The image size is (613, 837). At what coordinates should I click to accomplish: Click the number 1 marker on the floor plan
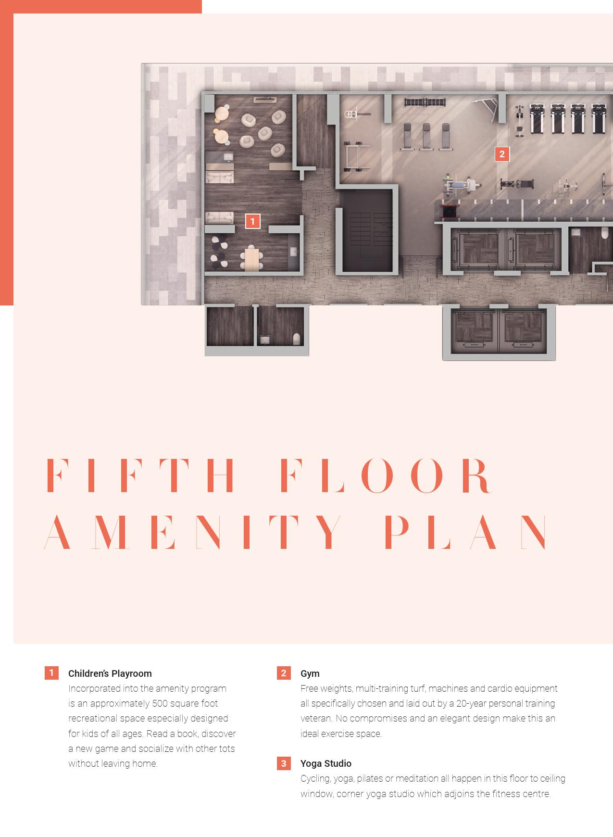click(x=252, y=221)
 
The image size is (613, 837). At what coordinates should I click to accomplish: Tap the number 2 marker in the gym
click(x=502, y=154)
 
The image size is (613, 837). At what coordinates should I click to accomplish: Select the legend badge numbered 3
click(x=284, y=763)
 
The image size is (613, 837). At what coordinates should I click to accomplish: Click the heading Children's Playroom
click(x=110, y=673)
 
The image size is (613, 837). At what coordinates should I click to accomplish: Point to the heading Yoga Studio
click(x=325, y=763)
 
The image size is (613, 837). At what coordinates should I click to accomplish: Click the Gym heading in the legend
click(x=310, y=673)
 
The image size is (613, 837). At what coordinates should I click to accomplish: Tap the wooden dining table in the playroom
click(x=251, y=259)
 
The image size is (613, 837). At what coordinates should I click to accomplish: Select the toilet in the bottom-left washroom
click(x=297, y=339)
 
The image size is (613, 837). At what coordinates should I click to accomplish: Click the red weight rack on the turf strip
click(x=450, y=210)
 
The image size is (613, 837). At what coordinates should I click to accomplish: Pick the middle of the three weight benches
click(x=426, y=136)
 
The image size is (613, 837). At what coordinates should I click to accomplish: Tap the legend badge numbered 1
click(x=51, y=673)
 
